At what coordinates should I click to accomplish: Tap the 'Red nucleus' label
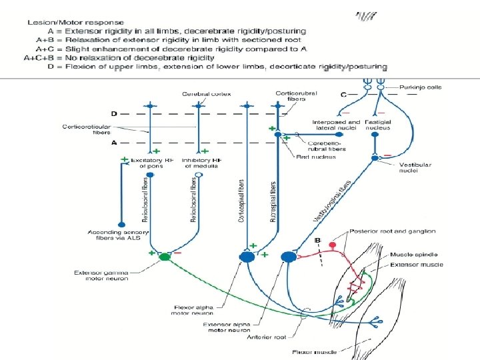(311, 155)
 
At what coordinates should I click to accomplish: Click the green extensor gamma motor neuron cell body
(164, 257)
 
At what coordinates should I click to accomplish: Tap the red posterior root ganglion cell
(333, 245)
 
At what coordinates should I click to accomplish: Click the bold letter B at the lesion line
(318, 239)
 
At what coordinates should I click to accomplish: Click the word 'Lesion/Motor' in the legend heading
(50, 22)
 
